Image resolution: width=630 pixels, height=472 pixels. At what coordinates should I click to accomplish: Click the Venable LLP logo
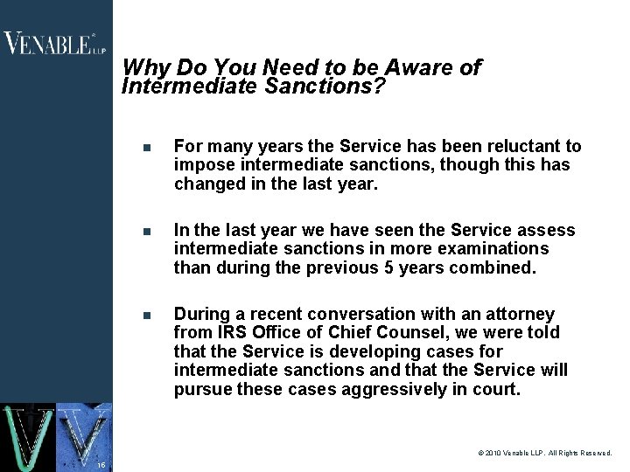pyautogui.click(x=53, y=43)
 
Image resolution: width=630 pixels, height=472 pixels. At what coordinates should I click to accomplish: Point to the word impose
pyautogui.click(x=202, y=164)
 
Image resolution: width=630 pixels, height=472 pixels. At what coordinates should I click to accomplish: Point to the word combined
pyautogui.click(x=491, y=267)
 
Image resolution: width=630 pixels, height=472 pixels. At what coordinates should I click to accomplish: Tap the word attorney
pyautogui.click(x=521, y=314)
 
